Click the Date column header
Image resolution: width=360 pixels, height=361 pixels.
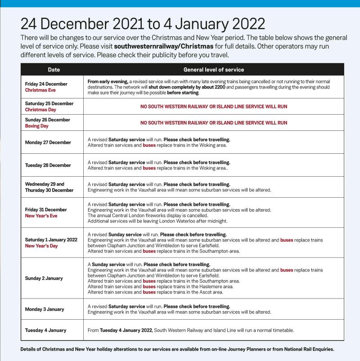click(x=54, y=70)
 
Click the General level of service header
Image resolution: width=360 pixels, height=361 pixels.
click(x=214, y=70)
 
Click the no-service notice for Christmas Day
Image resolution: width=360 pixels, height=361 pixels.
click(x=214, y=107)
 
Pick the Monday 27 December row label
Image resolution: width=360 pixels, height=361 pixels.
click(x=48, y=143)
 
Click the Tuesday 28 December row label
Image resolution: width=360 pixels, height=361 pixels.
click(x=48, y=165)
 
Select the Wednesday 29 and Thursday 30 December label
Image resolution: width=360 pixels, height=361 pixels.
click(x=49, y=187)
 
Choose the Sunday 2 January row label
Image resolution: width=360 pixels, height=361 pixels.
click(x=44, y=278)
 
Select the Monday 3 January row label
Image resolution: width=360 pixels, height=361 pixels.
click(x=45, y=309)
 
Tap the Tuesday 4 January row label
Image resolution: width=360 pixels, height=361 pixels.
click(x=45, y=330)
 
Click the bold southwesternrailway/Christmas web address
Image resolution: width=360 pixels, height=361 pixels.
click(x=164, y=46)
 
